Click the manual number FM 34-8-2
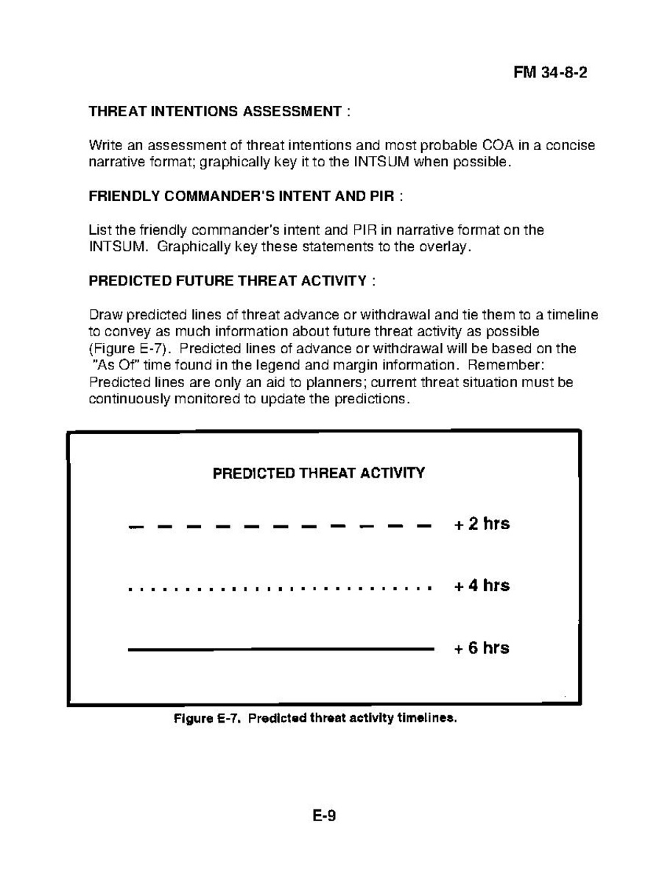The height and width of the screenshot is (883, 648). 550,74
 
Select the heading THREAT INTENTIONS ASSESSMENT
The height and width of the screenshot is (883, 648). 214,112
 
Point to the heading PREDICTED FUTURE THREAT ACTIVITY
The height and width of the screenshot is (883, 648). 228,281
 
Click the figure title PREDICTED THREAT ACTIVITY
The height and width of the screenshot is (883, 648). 319,473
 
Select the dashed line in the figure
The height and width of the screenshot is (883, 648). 280,526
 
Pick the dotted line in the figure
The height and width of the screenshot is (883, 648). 280,589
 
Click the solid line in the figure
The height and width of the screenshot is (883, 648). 280,649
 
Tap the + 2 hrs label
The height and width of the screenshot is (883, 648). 482,525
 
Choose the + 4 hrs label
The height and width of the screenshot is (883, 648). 482,586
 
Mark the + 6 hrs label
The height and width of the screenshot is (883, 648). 482,648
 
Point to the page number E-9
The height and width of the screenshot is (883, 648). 323,815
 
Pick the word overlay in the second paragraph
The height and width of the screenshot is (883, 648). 444,247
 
